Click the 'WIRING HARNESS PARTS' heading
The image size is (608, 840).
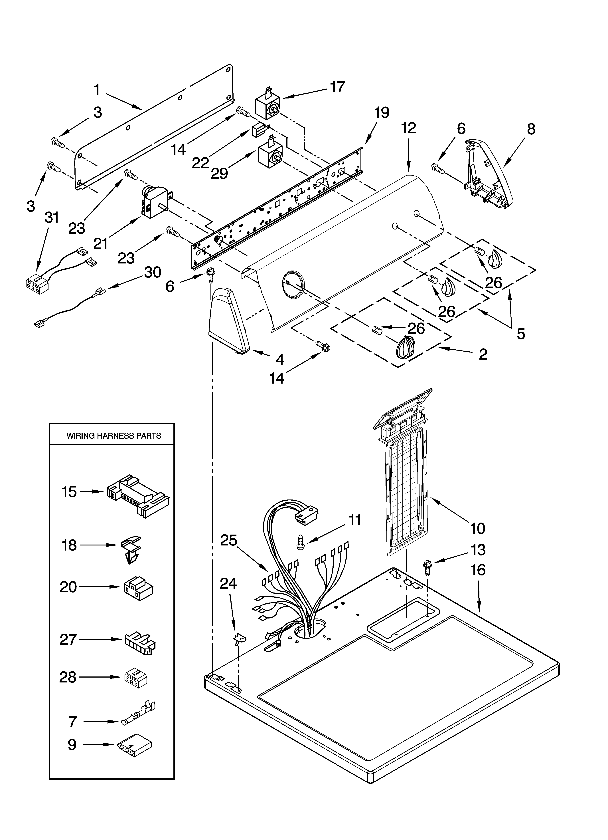click(x=114, y=436)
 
